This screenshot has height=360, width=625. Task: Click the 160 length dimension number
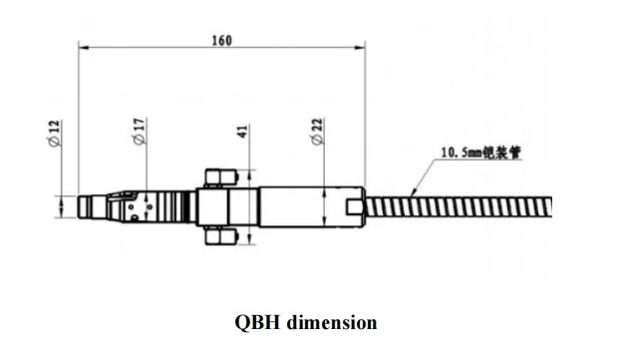point(221,40)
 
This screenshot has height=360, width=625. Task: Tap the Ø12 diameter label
point(55,134)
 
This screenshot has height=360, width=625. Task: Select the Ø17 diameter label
point(140,132)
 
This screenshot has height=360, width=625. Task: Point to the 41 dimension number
point(243,132)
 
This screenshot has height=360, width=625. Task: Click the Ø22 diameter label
point(318,132)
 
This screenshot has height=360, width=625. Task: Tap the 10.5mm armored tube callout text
point(480,153)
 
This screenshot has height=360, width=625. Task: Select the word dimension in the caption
point(332,322)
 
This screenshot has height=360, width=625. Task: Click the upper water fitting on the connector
point(221,178)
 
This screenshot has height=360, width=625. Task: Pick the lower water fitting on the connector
point(221,236)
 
